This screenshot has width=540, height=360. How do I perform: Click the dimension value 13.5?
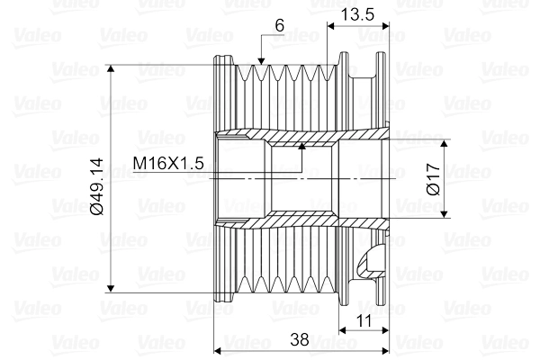pyautogui.click(x=357, y=14)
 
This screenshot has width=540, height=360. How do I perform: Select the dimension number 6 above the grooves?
pyautogui.click(x=280, y=25)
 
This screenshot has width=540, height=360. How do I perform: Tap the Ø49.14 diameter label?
pyautogui.click(x=96, y=186)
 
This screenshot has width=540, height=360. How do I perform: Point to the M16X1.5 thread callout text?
pyautogui.click(x=168, y=163)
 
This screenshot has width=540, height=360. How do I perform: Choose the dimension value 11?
pyautogui.click(x=364, y=321)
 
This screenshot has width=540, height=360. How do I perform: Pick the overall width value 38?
pyautogui.click(x=300, y=339)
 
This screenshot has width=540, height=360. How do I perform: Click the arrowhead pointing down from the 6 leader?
pyautogui.click(x=261, y=61)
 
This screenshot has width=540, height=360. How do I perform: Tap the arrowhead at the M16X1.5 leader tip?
pyautogui.click(x=302, y=146)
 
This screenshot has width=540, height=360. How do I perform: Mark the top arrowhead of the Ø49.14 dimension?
pyautogui.click(x=111, y=68)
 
